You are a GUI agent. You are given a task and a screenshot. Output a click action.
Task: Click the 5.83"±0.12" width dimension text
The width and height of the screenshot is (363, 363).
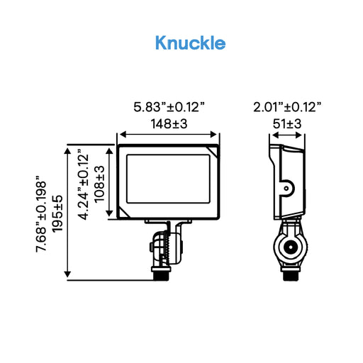pyautogui.click(x=169, y=107)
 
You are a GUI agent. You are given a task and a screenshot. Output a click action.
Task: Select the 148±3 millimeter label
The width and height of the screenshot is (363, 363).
pyautogui.click(x=169, y=123)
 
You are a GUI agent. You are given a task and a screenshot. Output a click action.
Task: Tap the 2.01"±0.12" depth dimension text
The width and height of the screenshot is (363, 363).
pyautogui.click(x=287, y=107)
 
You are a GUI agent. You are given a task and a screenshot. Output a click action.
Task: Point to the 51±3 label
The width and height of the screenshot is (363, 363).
pyautogui.click(x=287, y=123)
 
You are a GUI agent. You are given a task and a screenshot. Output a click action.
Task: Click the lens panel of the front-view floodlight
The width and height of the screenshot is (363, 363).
pyautogui.click(x=168, y=181)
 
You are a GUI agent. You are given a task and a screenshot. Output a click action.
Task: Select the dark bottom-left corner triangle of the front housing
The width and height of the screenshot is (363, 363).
pyautogui.click(x=125, y=213)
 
